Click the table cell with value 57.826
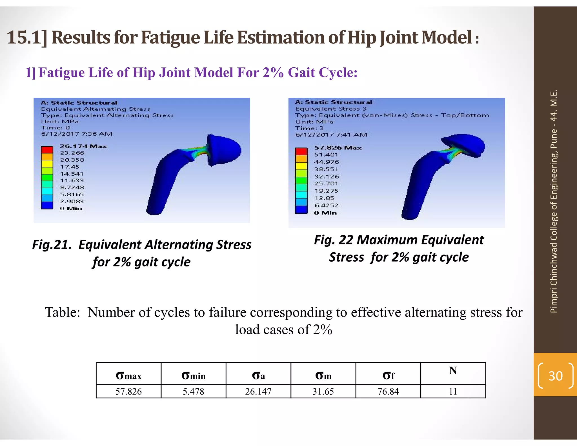[128, 391]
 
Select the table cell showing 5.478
[193, 391]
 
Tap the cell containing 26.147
[258, 391]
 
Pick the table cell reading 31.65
[323, 391]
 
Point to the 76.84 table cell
[388, 391]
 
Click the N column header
[453, 371]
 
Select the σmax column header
[128, 376]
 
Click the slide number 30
[555, 376]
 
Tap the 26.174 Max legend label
[83, 146]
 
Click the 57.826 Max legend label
[338, 148]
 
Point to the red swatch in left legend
[47, 149]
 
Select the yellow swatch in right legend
[301, 165]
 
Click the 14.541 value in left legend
[72, 174]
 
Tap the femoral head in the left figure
[224, 149]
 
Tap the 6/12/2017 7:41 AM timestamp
[331, 135]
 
